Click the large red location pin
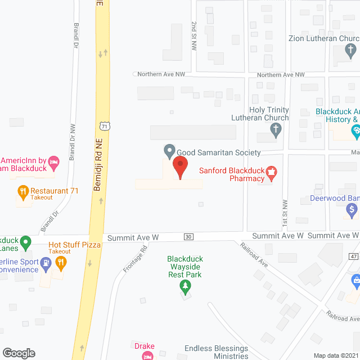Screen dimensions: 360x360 pyautogui.click(x=179, y=168)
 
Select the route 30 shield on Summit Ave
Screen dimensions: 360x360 pyautogui.click(x=188, y=237)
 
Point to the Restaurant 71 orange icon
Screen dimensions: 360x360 pyautogui.click(x=23, y=192)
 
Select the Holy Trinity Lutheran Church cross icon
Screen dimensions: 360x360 pyautogui.click(x=275, y=131)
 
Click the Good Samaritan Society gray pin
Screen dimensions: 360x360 pyautogui.click(x=169, y=151)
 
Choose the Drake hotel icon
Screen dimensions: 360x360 pyautogui.click(x=147, y=355)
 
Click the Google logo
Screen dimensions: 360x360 pyautogui.click(x=19, y=353)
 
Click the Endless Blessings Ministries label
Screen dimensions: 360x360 pyautogui.click(x=215, y=352)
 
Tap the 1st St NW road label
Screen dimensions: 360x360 pyautogui.click(x=285, y=209)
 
